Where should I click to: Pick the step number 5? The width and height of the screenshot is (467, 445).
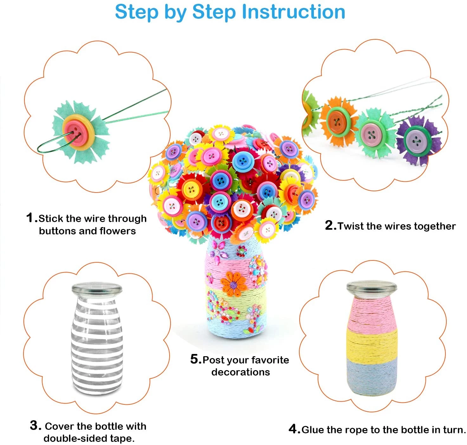[x=194, y=359]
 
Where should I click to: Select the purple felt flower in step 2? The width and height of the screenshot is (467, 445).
[x=418, y=140]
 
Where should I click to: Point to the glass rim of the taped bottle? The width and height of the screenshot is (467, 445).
[x=97, y=289]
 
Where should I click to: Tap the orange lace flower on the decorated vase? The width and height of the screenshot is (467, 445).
[x=233, y=285]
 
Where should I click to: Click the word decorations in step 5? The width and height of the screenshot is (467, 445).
[x=240, y=372]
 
